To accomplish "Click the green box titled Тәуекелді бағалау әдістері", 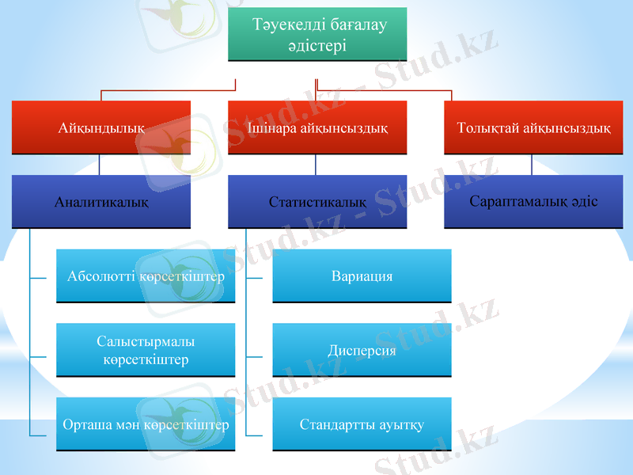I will (317, 35).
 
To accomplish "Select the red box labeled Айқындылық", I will (100, 127).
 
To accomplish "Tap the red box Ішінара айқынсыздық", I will (317, 127).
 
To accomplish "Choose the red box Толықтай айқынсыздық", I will (533, 127).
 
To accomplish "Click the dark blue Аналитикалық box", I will (100, 202).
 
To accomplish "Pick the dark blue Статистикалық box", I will (317, 202).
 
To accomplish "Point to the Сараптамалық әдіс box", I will (533, 201).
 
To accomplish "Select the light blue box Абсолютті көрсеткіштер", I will (146, 276).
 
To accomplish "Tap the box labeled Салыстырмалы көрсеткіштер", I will (146, 350).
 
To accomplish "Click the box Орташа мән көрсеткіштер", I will (146, 424).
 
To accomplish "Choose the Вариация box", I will (362, 276).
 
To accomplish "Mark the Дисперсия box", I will (362, 350).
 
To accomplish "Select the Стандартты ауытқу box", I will (362, 424).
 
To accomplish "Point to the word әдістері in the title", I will (317, 46).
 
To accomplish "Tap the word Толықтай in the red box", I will (488, 127).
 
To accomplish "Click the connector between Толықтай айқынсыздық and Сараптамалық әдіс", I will (532, 165).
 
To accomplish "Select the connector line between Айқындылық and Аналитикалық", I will (99, 165).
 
